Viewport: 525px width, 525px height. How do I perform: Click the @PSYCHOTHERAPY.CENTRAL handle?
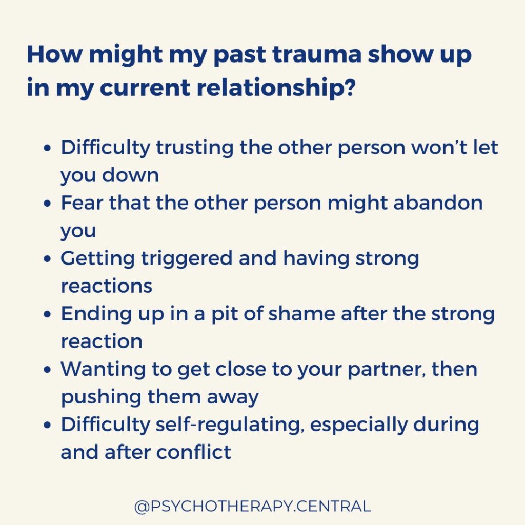252,507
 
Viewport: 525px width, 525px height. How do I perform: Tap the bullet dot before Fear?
48,204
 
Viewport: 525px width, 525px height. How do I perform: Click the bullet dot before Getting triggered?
48,259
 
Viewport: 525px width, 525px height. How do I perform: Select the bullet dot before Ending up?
48,314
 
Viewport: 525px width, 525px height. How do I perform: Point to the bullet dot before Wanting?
48,370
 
